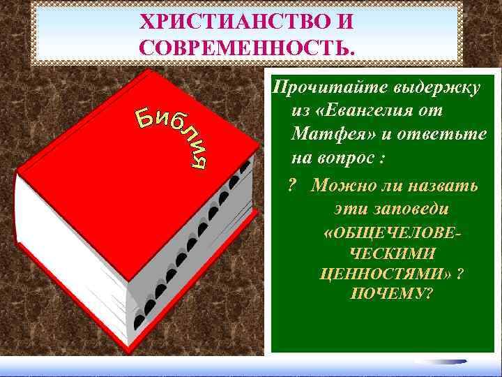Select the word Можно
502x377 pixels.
point(338,185)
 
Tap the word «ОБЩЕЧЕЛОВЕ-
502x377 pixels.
point(393,232)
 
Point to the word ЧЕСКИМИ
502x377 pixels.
point(392,253)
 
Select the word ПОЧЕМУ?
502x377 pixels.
point(391,293)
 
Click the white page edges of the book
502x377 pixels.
point(63,244)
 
